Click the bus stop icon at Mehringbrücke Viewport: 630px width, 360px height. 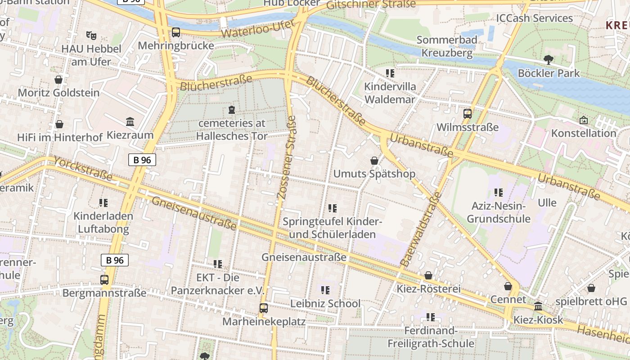pos(175,32)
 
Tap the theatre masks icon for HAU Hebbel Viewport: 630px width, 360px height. pos(91,35)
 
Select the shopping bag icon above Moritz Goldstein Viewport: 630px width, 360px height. pos(58,80)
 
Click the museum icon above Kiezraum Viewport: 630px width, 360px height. pos(130,121)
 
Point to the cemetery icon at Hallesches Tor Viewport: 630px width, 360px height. pos(232,110)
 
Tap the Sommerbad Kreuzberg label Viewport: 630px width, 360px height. pos(446,46)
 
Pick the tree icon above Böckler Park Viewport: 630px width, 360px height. pos(548,59)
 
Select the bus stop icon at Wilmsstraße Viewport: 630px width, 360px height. pos(468,113)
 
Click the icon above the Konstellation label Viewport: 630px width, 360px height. pos(584,120)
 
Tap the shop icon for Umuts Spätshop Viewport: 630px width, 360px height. pos(374,161)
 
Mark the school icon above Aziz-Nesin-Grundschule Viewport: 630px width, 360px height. pos(498,193)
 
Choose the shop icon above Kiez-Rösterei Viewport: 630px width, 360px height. pos(428,275)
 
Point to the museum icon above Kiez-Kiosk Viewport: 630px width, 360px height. pos(538,306)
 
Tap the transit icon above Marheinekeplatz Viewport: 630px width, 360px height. pos(264,308)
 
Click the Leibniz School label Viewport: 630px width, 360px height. pos(325,304)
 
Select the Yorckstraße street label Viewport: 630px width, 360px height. pos(83,169)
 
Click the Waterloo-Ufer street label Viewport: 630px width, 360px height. pos(258,29)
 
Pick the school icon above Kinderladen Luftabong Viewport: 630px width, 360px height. pos(103,203)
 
